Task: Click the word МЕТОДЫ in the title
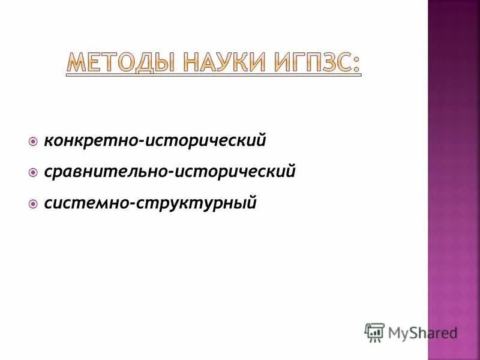click(119, 64)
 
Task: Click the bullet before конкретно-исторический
click(33, 142)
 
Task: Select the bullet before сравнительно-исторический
click(33, 173)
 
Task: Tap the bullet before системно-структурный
click(33, 204)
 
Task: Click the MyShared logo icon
click(374, 332)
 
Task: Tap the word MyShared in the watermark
click(422, 332)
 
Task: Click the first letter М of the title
click(74, 64)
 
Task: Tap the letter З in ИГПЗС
click(328, 64)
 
